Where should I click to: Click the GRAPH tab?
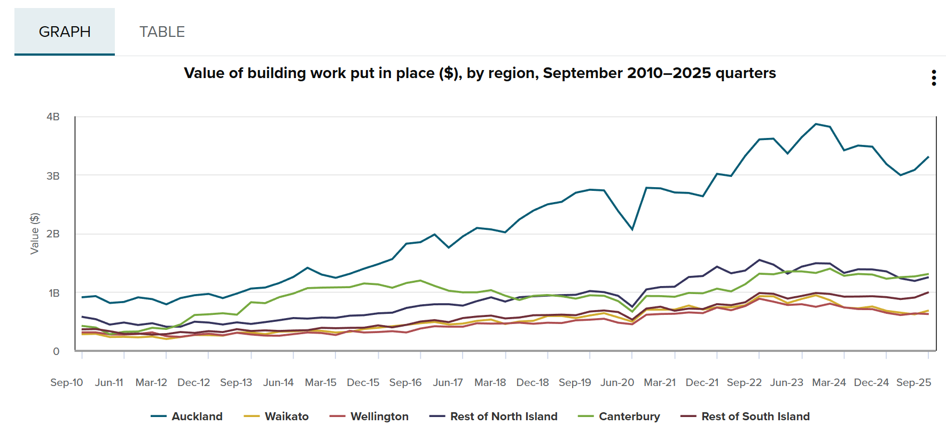click(x=65, y=32)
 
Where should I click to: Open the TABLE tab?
click(x=162, y=32)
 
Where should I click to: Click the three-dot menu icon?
click(x=934, y=78)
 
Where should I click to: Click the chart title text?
click(x=480, y=73)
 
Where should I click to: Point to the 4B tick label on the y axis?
click(x=53, y=117)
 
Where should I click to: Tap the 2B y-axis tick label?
click(x=53, y=234)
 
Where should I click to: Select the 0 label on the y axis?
click(x=56, y=351)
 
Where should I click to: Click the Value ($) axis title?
click(x=35, y=234)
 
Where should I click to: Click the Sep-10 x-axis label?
click(x=67, y=382)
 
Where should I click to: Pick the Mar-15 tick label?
click(x=320, y=382)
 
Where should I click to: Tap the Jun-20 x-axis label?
click(x=617, y=382)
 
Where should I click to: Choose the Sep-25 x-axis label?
click(x=913, y=382)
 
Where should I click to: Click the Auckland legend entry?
click(x=197, y=416)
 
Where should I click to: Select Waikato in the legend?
click(x=286, y=416)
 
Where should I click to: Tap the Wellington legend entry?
click(x=379, y=416)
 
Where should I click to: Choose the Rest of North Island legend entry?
click(x=503, y=416)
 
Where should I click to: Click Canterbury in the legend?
click(x=629, y=416)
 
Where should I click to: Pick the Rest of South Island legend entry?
click(x=755, y=416)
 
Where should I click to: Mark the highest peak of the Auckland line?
click(x=816, y=124)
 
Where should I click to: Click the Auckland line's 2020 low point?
click(x=632, y=229)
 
